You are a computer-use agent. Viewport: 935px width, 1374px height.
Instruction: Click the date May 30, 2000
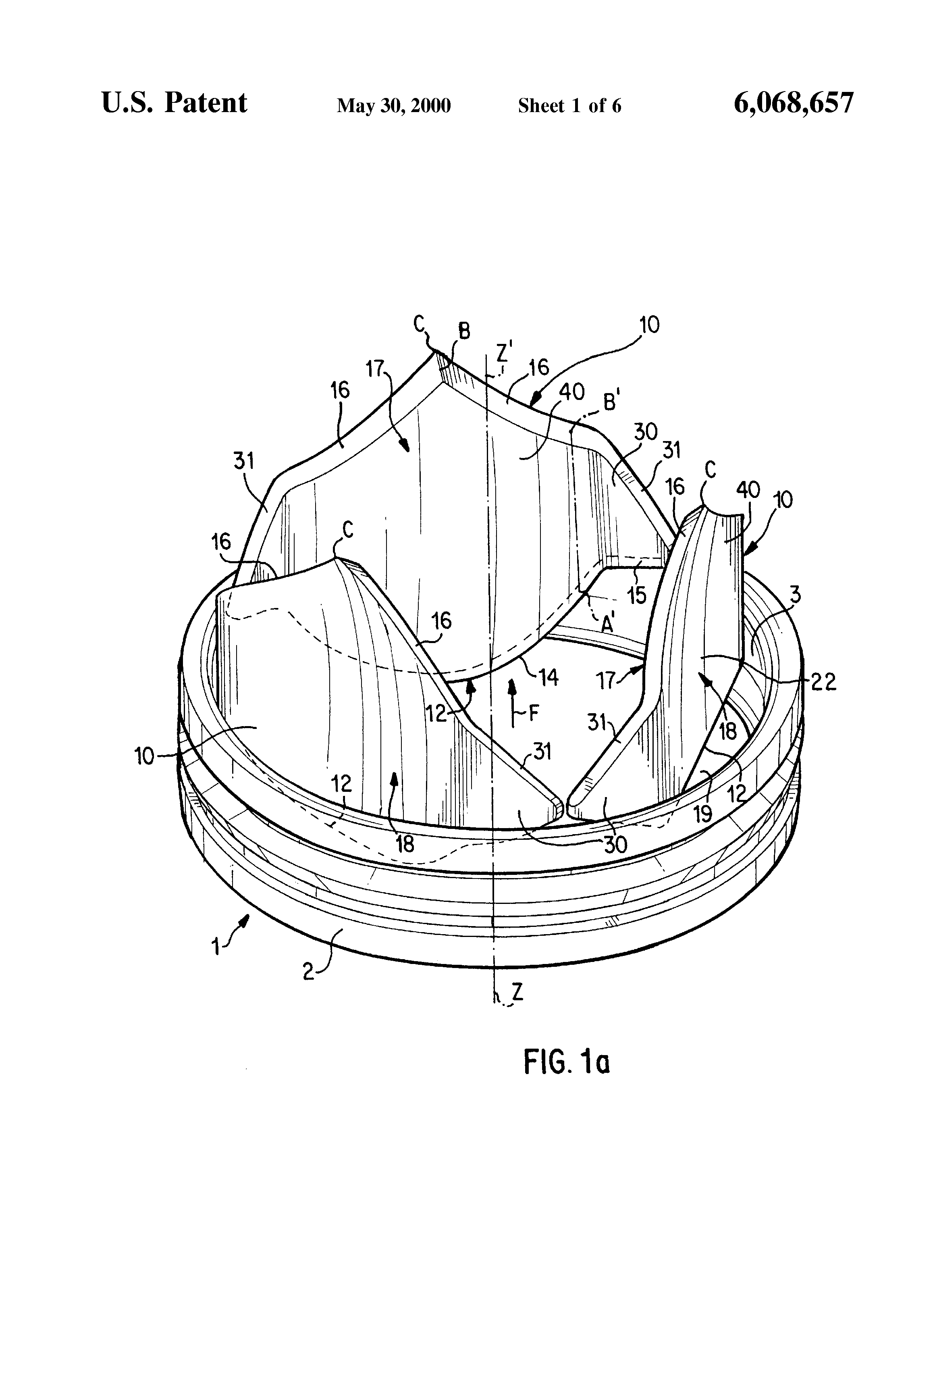(394, 106)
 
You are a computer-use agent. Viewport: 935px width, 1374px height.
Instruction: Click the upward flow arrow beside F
(512, 701)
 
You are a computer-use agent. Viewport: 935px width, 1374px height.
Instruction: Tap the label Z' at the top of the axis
(503, 353)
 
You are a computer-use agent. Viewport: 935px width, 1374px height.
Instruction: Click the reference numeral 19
(702, 815)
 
